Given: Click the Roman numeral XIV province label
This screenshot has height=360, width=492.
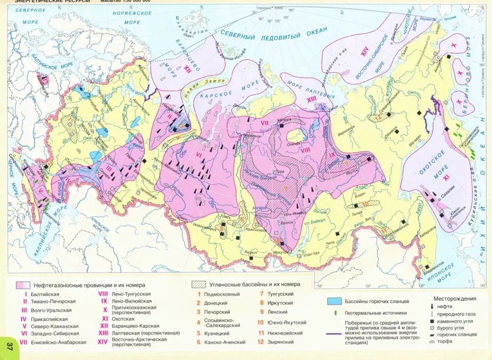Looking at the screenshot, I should [x=364, y=50].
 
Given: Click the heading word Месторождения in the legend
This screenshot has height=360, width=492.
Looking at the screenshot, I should [x=455, y=298].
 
